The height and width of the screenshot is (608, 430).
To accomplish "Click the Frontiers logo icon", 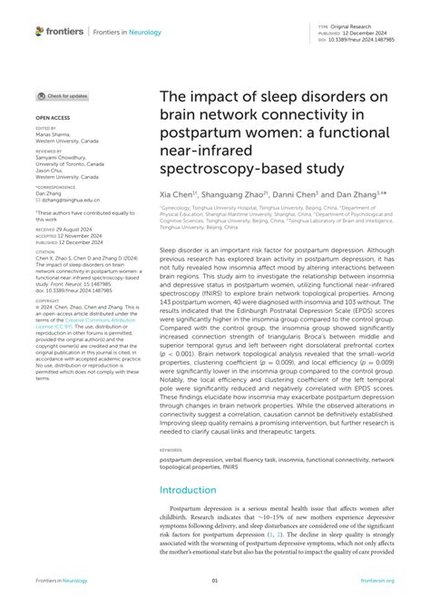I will (39, 31).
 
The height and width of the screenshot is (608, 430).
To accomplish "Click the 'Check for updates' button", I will (64, 95).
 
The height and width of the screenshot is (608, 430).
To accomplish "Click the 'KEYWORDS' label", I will (170, 449).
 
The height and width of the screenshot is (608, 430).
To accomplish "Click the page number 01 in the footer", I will (215, 582).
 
